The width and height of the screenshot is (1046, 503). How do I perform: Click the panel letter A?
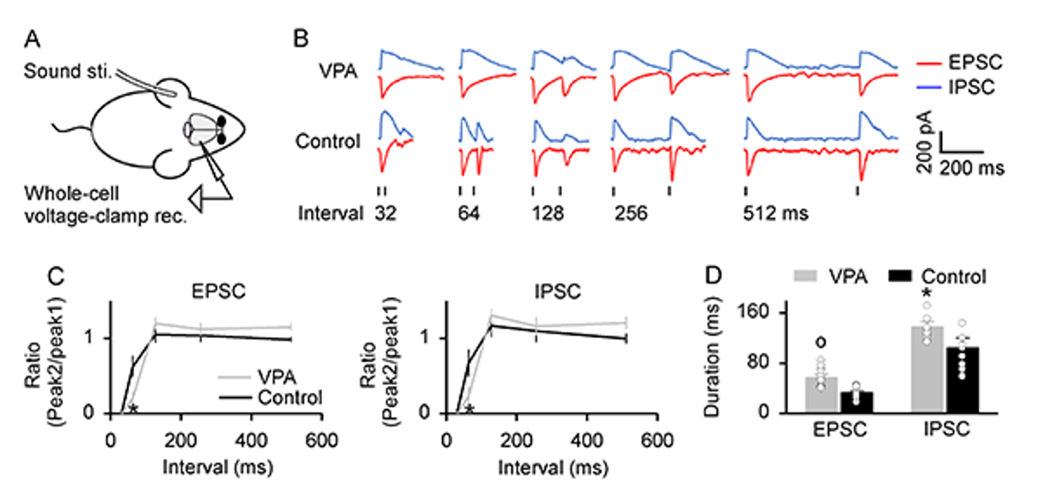click(33, 40)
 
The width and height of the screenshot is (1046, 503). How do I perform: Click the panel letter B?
click(301, 40)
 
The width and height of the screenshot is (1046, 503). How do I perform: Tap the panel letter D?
click(713, 276)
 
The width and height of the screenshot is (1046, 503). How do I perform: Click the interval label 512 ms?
click(775, 213)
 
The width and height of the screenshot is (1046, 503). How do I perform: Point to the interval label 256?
click(631, 213)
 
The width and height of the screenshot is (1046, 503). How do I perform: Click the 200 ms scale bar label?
click(971, 168)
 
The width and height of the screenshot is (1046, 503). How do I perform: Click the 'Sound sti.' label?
click(67, 71)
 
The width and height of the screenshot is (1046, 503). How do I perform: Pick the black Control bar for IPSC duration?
click(962, 379)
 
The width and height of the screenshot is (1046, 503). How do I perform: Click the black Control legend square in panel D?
click(901, 277)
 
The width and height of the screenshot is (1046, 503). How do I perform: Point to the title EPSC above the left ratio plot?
click(218, 292)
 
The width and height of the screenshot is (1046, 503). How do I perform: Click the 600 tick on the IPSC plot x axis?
click(657, 440)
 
